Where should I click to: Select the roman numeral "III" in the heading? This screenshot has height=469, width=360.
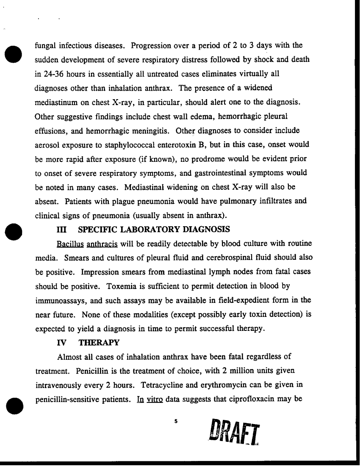coord(62,229)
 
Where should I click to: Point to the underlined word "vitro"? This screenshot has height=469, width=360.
coord(155,400)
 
